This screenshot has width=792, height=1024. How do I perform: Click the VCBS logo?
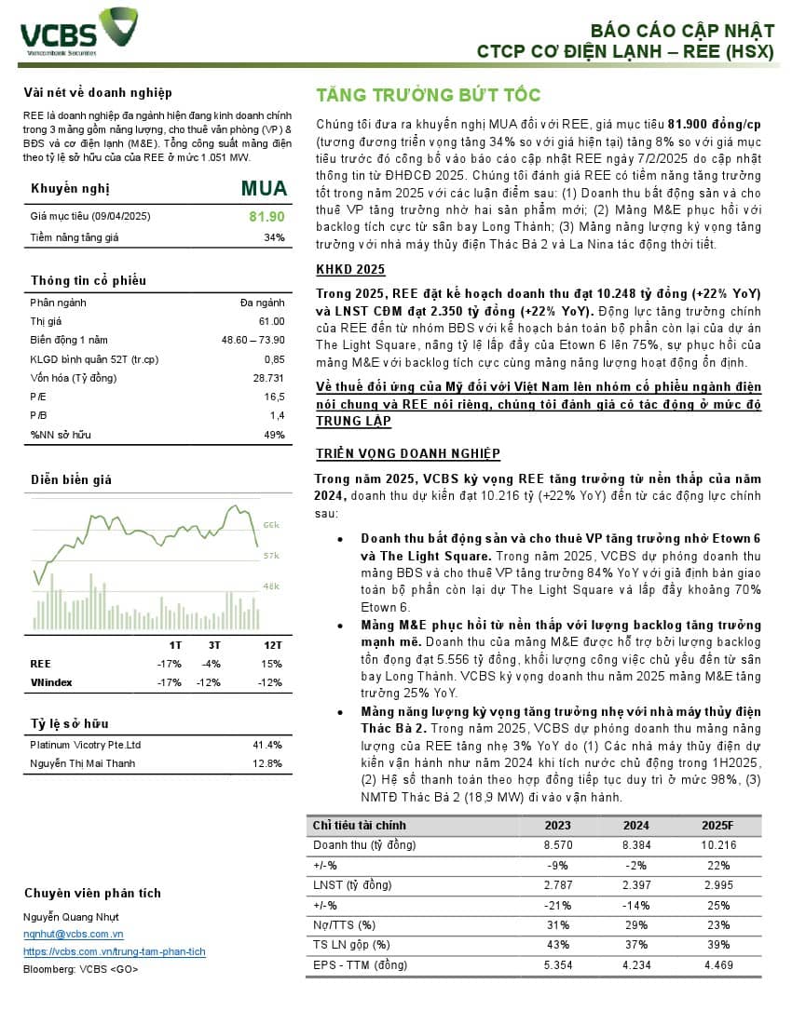(x=79, y=31)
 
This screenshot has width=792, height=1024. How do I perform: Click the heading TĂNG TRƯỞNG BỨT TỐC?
(x=429, y=95)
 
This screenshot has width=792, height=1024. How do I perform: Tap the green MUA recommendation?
(x=263, y=189)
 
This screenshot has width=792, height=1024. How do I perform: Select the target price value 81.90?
(x=266, y=217)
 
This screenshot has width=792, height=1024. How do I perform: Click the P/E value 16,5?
(x=275, y=397)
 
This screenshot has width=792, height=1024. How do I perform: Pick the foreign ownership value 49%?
(x=274, y=435)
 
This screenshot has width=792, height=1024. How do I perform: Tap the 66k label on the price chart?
(x=272, y=526)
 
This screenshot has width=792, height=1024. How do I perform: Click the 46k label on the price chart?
(x=271, y=586)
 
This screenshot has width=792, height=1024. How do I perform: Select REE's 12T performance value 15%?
(x=273, y=664)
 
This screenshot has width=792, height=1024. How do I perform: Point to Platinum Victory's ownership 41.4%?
(x=267, y=745)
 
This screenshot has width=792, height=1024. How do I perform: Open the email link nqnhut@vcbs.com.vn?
(x=74, y=934)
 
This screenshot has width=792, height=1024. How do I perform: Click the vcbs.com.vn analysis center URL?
(x=115, y=951)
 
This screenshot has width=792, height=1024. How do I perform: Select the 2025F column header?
(x=719, y=825)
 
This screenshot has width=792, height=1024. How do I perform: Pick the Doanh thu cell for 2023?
(x=557, y=844)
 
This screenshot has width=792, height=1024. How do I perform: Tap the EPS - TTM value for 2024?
(x=636, y=964)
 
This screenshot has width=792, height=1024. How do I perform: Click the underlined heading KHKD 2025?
(x=350, y=270)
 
